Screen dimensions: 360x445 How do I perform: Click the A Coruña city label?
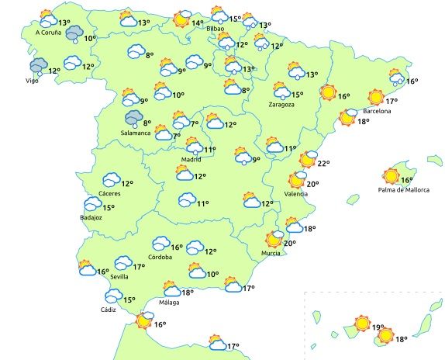(x=48, y=33)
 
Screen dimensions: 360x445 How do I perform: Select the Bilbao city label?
(x=216, y=29)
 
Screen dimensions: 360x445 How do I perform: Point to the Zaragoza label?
(x=281, y=104)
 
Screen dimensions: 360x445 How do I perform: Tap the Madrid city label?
(x=191, y=159)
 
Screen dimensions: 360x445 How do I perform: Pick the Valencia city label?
(x=295, y=194)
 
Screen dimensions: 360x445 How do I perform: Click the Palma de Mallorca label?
(x=403, y=190)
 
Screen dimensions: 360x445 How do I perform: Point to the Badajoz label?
(x=91, y=218)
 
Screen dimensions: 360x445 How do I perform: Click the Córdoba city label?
(x=160, y=257)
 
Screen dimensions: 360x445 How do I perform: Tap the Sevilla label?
(x=119, y=277)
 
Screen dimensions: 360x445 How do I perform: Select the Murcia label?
(x=271, y=254)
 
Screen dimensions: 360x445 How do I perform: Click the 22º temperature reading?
(x=324, y=164)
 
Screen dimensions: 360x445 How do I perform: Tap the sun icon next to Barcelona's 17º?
(x=376, y=98)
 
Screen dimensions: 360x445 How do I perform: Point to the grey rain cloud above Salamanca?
(x=133, y=118)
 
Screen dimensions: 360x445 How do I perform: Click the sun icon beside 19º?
(x=361, y=323)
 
